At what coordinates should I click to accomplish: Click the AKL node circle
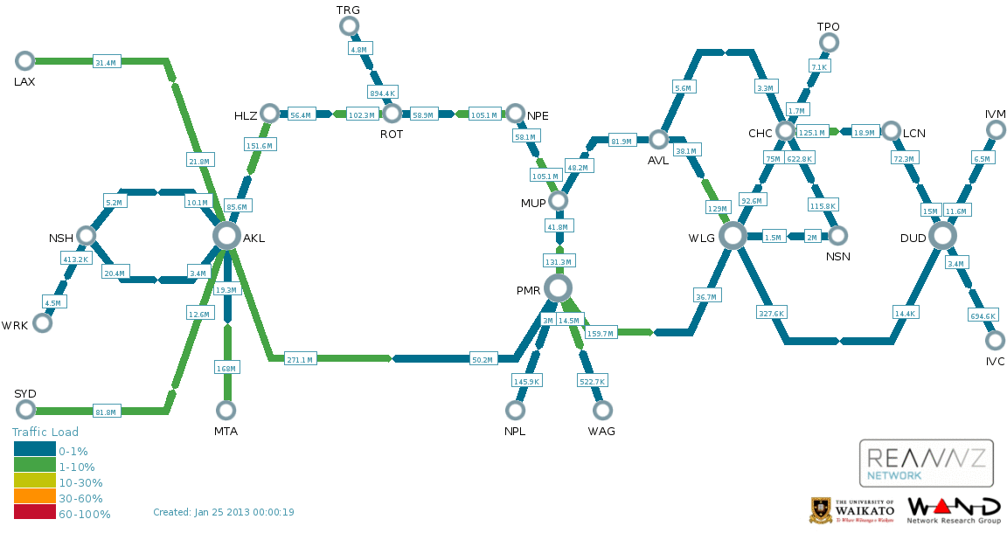226,236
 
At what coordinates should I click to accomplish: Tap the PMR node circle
558,287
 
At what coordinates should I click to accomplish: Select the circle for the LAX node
24,60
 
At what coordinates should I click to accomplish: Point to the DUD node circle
942,235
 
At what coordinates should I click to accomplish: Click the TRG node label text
348,10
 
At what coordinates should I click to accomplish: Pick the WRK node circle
42,322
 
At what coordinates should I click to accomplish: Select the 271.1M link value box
301,358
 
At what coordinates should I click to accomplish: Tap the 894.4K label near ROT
383,93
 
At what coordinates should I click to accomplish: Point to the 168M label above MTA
226,368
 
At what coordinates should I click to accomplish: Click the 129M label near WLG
717,208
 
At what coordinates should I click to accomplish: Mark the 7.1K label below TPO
819,66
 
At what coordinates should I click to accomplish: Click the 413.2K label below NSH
76,259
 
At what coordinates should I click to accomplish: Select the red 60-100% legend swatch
35,514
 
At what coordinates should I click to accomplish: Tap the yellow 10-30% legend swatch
35,481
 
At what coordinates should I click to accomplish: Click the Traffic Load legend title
45,432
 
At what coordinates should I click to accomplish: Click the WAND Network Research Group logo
954,510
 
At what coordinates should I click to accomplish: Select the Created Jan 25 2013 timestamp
223,512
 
